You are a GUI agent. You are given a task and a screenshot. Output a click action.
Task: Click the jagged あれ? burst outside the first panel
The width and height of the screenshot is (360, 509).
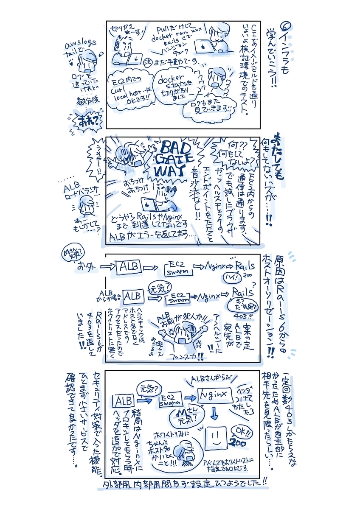(87, 120)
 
